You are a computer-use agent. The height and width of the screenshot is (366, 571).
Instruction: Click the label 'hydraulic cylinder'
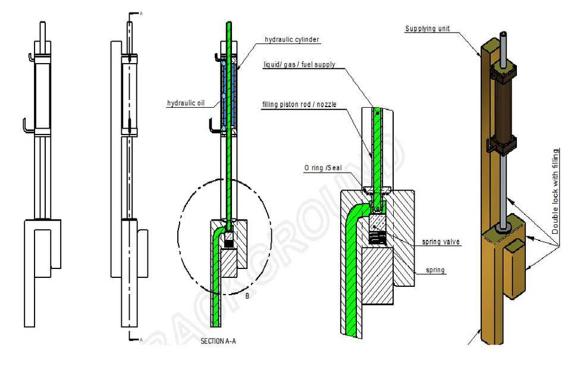(x=292, y=40)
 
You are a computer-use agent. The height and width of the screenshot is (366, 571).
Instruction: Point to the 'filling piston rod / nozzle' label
(x=300, y=105)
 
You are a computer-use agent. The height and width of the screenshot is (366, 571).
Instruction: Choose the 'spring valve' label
(x=441, y=242)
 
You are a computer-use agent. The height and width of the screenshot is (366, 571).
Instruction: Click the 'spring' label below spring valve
(x=436, y=270)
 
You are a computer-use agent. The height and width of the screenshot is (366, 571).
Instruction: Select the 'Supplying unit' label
(x=426, y=29)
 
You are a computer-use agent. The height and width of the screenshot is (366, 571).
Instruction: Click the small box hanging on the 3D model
(x=515, y=267)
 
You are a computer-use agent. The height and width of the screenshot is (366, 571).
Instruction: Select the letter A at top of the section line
(x=141, y=12)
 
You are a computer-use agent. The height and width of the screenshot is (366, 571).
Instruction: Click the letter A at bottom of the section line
(x=140, y=340)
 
